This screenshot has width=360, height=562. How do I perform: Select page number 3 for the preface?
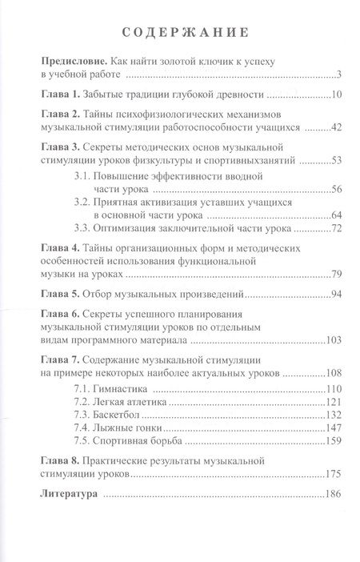(340, 76)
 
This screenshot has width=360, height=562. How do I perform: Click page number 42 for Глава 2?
(336, 128)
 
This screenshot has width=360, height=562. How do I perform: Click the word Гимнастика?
(134, 388)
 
